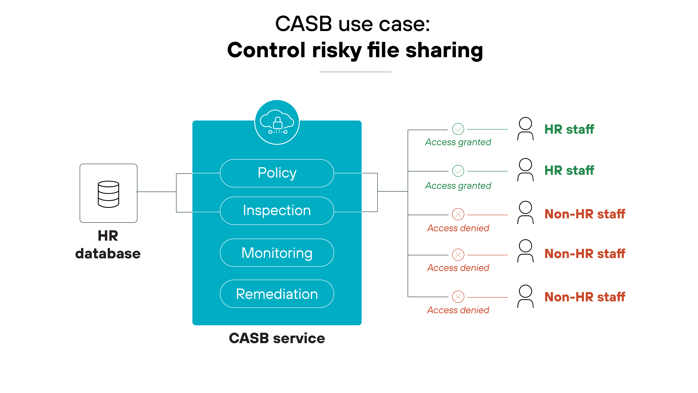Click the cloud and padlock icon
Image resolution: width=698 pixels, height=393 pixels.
(277, 122)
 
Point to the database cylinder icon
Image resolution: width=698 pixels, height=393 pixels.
(108, 194)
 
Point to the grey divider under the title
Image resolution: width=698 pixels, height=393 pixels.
(355, 72)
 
